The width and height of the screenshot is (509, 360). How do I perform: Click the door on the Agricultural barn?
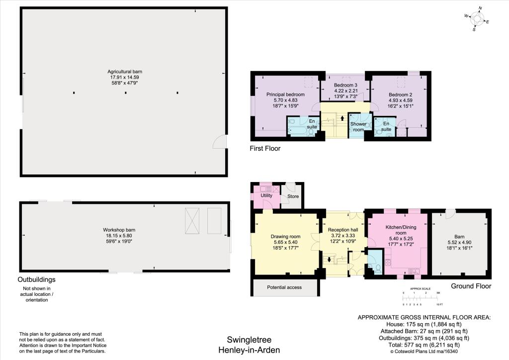click(x=219, y=142)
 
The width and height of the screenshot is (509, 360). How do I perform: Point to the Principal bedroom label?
click(x=285, y=94)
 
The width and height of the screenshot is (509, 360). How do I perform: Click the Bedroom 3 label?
click(x=345, y=85)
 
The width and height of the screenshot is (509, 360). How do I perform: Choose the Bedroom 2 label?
click(x=401, y=94)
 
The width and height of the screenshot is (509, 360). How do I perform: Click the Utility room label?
click(x=266, y=195)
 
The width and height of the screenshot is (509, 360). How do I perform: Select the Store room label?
click(x=294, y=197)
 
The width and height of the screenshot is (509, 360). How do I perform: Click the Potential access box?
click(x=284, y=287)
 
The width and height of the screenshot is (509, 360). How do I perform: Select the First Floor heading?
click(x=266, y=148)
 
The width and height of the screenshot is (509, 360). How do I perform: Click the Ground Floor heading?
click(x=471, y=286)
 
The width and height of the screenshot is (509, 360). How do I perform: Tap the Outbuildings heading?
click(x=37, y=279)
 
